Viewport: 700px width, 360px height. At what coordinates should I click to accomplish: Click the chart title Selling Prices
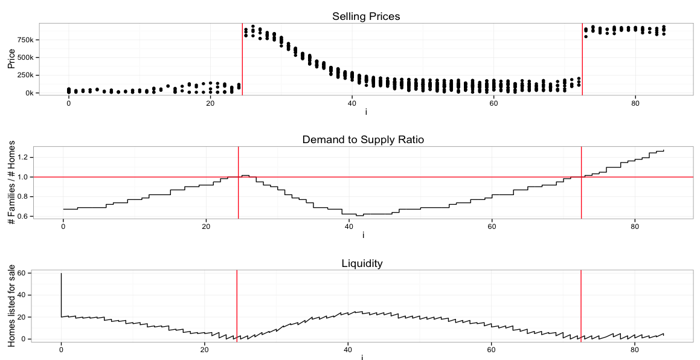(x=366, y=16)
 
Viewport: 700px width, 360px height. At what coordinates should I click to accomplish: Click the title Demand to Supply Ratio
(x=363, y=140)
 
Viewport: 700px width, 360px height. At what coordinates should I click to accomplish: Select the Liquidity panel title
(x=362, y=263)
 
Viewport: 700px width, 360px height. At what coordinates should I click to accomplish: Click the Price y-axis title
(x=11, y=59)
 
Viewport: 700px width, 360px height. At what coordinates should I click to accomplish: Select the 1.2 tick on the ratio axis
(x=24, y=158)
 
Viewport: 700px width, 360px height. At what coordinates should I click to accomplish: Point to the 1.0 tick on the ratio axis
(x=24, y=178)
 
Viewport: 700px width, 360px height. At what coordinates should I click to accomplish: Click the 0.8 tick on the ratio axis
(x=24, y=197)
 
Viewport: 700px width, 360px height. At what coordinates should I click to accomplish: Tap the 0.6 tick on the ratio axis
(x=24, y=217)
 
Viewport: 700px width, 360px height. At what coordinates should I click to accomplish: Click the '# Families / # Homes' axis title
(x=11, y=182)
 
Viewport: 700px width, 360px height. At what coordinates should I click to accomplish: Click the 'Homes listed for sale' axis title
(x=11, y=306)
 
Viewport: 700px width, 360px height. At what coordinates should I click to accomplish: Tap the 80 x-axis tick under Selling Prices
(x=635, y=103)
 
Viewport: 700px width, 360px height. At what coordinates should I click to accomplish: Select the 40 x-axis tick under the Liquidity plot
(x=347, y=349)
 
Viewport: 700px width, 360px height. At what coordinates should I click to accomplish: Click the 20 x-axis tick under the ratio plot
(x=206, y=227)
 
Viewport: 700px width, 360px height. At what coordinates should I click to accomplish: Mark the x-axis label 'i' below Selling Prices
(x=366, y=112)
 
